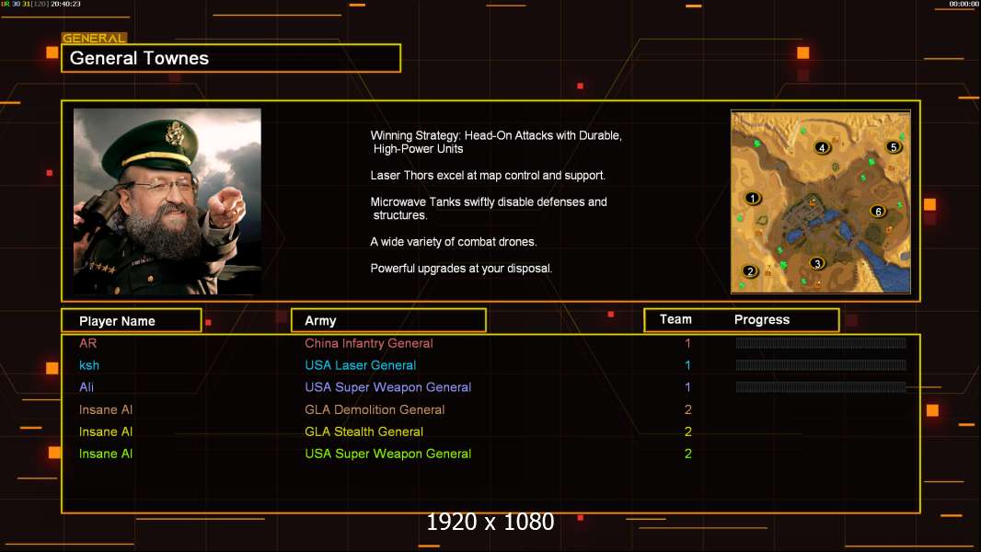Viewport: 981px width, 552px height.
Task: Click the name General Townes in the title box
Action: click(139, 58)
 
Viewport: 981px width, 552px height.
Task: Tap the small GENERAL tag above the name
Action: click(94, 38)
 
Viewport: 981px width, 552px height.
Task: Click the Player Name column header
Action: click(117, 321)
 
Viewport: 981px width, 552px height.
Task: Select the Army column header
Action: click(320, 321)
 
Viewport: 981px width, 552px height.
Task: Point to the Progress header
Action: click(762, 319)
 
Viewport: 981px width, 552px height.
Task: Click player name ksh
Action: click(89, 365)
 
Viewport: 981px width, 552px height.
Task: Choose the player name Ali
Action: click(87, 387)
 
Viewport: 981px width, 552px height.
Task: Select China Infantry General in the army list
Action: click(368, 343)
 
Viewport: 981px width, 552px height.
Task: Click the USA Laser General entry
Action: click(361, 365)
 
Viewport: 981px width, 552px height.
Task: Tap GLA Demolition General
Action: click(375, 409)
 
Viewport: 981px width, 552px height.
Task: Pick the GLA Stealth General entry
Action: click(364, 431)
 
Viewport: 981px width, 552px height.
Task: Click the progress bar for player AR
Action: click(821, 342)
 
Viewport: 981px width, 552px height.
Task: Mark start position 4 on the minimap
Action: click(822, 147)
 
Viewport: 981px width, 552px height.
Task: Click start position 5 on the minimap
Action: click(894, 147)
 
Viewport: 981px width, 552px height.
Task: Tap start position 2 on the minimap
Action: click(750, 271)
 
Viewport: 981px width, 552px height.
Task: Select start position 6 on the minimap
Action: click(878, 212)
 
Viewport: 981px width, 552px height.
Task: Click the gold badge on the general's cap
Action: click(174, 133)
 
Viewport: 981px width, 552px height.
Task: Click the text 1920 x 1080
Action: click(490, 522)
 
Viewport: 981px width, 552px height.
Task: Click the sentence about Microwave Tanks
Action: click(489, 208)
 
